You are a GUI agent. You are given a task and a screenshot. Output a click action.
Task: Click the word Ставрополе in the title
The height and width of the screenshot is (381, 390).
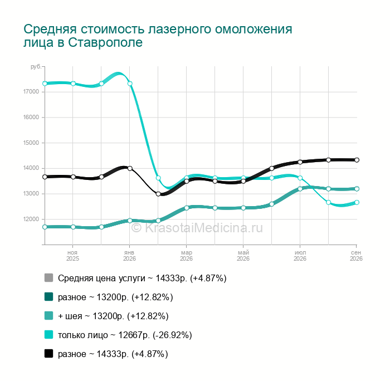[105, 42]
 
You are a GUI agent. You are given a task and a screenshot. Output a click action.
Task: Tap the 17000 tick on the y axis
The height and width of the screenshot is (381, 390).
[31, 92]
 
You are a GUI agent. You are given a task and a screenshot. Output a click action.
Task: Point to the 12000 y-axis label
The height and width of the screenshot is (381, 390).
[31, 219]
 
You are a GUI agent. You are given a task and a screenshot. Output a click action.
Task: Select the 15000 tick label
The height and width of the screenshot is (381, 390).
[31, 143]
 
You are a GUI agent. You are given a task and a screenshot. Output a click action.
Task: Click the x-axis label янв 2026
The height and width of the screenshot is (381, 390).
[129, 256]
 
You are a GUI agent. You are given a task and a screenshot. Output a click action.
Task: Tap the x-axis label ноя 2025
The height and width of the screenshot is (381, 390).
[72, 256]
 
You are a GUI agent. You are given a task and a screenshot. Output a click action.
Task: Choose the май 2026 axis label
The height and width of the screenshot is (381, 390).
[243, 256]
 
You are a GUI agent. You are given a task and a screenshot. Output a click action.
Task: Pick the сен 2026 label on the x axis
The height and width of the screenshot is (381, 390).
[356, 256]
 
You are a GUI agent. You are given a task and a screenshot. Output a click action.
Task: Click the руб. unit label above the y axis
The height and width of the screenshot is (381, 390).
[36, 67]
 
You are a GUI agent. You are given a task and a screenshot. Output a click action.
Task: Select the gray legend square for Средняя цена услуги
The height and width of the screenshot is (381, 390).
[49, 278]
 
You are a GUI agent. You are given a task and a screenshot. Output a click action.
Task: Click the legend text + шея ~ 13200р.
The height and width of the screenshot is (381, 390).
[91, 316]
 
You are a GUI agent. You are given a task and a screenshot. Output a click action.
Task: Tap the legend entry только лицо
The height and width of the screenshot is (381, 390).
[83, 335]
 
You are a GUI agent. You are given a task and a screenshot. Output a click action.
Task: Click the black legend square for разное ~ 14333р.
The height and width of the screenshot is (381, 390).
[49, 353]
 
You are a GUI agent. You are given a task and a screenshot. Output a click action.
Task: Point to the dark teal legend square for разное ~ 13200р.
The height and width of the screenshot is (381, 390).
[49, 297]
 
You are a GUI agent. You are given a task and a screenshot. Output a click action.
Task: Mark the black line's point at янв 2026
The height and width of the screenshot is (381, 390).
[130, 168]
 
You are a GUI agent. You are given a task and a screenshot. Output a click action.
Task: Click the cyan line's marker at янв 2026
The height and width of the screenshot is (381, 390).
[130, 84]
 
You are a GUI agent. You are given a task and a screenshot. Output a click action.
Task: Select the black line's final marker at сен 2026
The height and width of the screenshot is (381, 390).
[357, 160]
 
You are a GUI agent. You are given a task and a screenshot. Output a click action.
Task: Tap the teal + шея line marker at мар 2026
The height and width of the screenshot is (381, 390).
[187, 208]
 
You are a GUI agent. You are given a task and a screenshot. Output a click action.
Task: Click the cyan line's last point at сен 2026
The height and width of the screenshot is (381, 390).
[357, 202]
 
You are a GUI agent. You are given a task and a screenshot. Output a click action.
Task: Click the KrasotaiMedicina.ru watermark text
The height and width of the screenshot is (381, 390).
[197, 228]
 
